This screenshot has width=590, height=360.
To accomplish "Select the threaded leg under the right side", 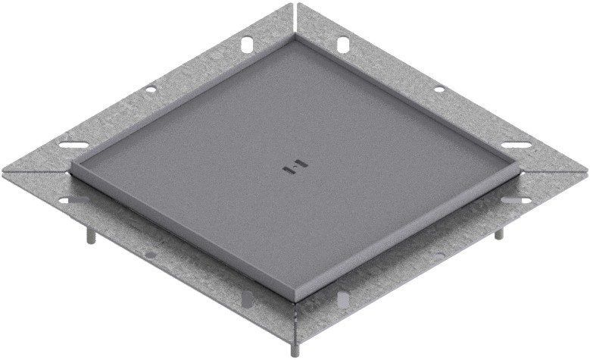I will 498,233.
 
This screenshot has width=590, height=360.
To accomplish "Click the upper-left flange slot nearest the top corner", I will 247,45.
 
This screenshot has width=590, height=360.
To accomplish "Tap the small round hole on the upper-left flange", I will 151,89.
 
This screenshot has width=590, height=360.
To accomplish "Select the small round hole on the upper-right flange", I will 439,89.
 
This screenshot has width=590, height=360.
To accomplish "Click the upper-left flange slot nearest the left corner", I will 73,145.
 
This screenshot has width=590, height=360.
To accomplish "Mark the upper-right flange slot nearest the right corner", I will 515,145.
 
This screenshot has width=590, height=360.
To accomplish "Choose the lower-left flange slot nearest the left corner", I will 73,200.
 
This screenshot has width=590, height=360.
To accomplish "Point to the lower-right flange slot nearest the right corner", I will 516,200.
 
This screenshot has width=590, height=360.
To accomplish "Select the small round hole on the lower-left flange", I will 151,255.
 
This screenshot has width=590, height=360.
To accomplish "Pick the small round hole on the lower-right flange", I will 439,255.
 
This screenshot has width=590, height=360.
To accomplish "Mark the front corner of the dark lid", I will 294,297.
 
